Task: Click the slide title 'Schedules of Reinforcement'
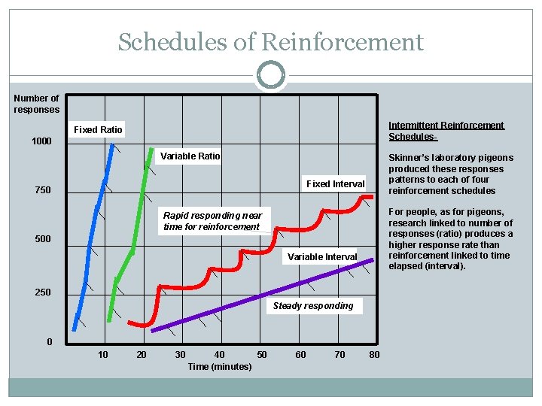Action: (x=271, y=42)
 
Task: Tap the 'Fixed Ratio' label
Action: (x=98, y=130)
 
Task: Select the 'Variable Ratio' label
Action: (x=190, y=156)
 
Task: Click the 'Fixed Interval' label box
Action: (x=335, y=184)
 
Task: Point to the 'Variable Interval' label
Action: (x=322, y=257)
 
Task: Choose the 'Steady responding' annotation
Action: (x=313, y=306)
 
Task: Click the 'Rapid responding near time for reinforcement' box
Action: (x=213, y=221)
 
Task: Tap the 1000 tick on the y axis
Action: (x=41, y=142)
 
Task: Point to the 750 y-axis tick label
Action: (x=43, y=190)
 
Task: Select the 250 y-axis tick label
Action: (x=43, y=292)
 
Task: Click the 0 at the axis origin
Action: (x=50, y=342)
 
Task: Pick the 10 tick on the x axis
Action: (x=102, y=354)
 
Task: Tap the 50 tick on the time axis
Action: (x=262, y=354)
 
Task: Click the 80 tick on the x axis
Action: (x=374, y=354)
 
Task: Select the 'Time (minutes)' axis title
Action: (x=220, y=366)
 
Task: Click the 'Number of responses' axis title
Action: (x=36, y=104)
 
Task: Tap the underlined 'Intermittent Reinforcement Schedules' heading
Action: (x=446, y=131)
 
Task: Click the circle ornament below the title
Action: (x=271, y=75)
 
